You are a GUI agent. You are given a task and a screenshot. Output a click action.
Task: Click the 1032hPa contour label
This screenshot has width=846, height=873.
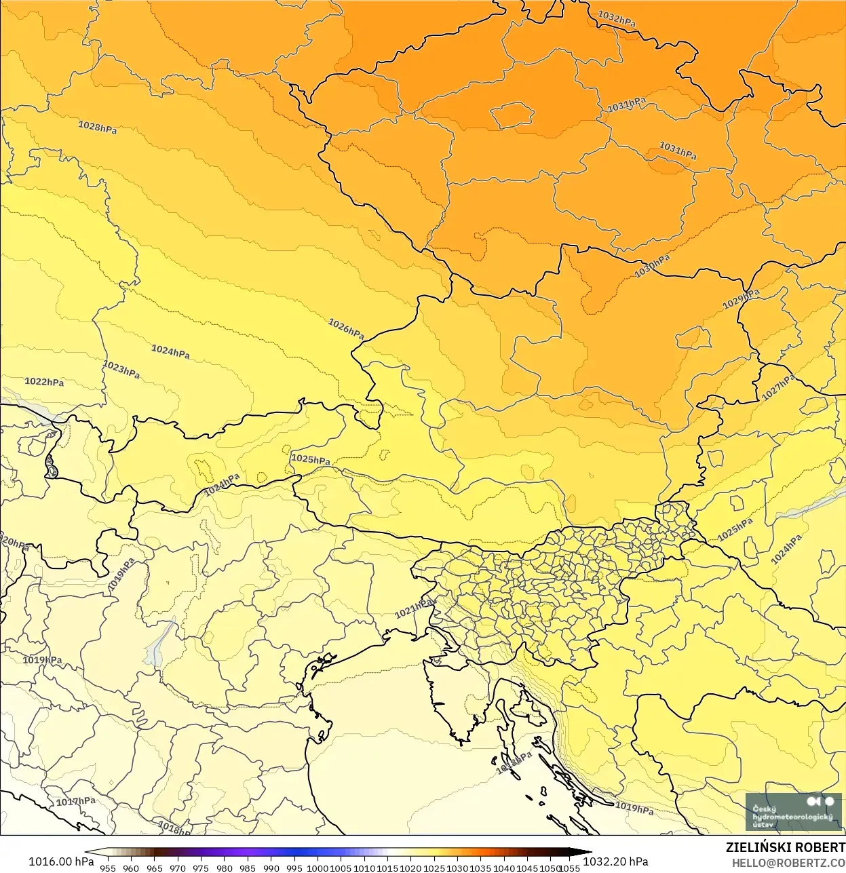(617, 19)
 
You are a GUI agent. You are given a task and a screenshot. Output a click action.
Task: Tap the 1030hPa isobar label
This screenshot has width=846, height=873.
(652, 266)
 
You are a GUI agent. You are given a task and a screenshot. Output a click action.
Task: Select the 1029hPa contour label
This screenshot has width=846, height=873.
(741, 298)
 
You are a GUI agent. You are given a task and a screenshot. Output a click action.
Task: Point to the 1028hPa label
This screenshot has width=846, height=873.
(98, 127)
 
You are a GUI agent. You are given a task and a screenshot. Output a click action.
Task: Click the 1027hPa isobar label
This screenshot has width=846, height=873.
(778, 387)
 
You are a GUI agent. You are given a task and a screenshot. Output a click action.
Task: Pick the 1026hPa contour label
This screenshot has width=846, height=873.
(346, 329)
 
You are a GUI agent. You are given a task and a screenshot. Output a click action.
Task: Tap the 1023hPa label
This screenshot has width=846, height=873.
(121, 370)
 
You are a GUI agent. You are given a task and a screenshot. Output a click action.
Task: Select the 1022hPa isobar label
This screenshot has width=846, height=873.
(44, 382)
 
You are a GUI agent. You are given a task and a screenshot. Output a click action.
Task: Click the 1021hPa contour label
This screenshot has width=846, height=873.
(414, 608)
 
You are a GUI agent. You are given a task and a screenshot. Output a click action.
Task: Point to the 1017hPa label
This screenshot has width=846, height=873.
(75, 801)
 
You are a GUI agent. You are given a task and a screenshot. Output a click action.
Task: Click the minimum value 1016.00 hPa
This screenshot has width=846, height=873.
(61, 861)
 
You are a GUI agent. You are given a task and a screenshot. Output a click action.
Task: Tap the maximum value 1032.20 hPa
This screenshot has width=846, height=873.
(615, 861)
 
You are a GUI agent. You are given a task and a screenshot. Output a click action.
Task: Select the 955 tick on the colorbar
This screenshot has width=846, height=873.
(108, 868)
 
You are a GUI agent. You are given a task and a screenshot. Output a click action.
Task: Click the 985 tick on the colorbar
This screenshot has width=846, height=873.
(248, 868)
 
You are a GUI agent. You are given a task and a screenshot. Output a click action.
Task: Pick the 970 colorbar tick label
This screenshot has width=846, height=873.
(178, 868)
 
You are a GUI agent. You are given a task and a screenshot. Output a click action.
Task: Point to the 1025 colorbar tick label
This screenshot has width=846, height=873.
(434, 868)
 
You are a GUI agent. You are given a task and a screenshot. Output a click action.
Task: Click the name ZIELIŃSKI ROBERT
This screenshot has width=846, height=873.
(786, 847)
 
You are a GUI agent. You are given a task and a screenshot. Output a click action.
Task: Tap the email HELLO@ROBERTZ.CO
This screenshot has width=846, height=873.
(788, 863)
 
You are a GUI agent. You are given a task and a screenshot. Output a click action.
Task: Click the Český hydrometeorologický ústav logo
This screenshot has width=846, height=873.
(793, 812)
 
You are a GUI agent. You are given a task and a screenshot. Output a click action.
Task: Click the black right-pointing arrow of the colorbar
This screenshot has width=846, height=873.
(585, 853)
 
